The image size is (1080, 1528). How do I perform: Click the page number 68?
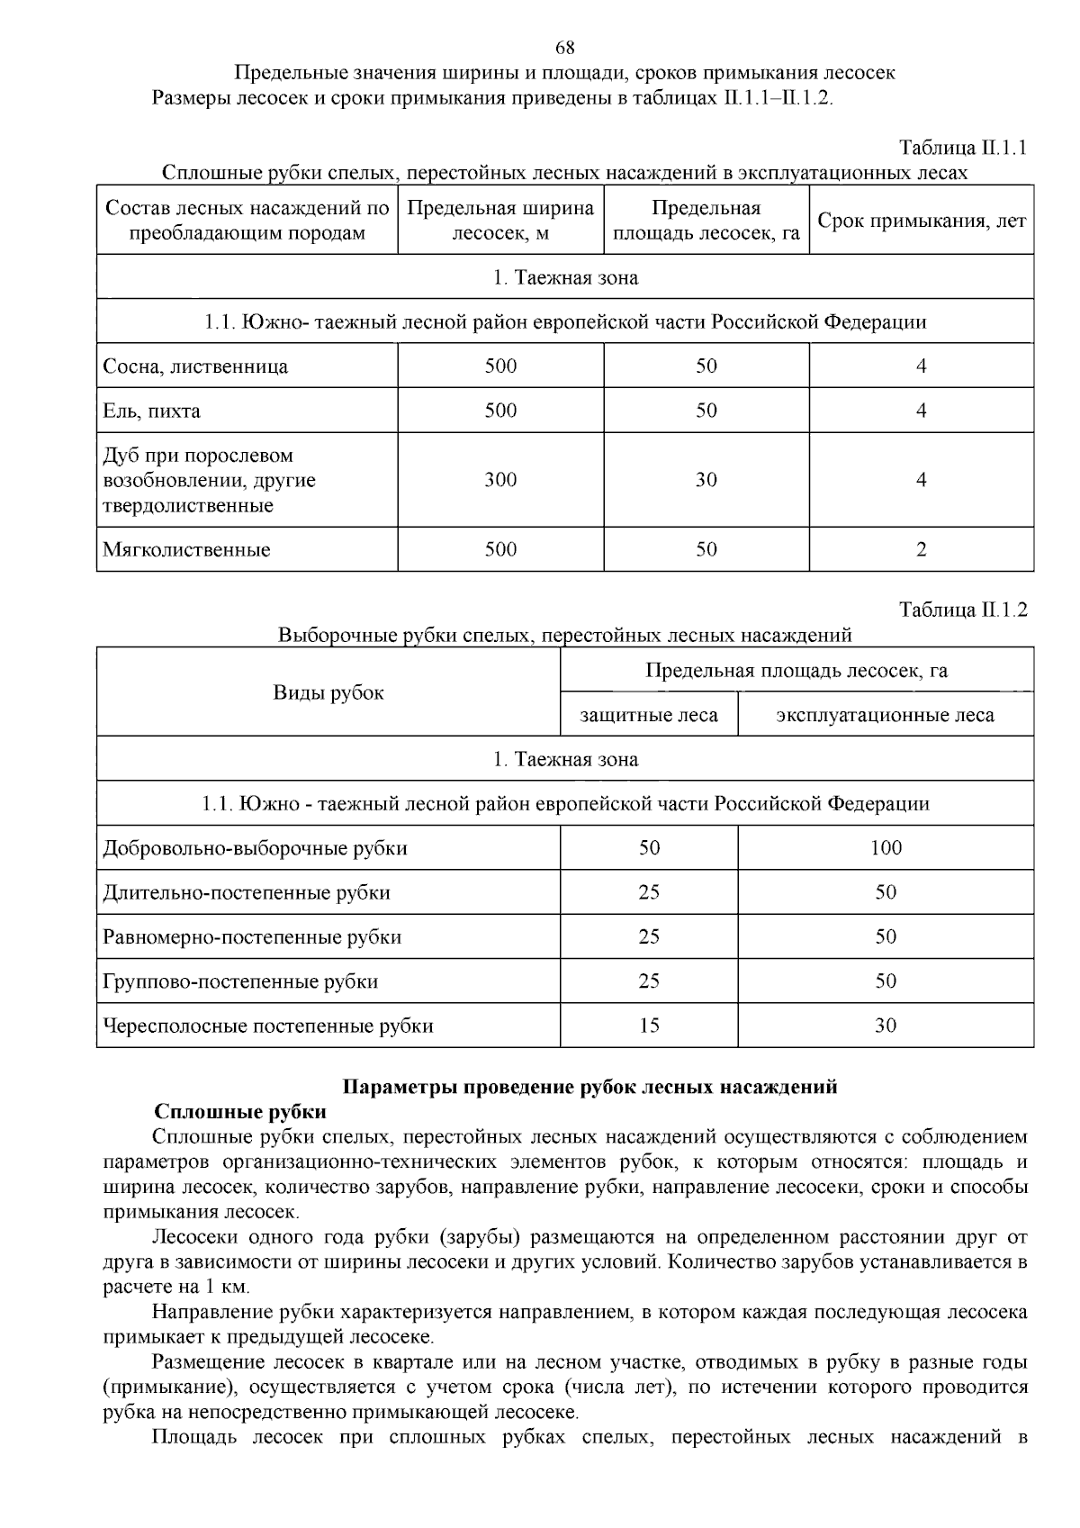click(565, 48)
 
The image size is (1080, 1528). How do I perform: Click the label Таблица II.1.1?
click(963, 148)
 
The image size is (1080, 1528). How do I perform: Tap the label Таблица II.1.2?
click(963, 610)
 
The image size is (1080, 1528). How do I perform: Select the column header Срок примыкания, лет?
click(921, 221)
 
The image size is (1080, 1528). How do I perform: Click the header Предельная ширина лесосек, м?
click(500, 221)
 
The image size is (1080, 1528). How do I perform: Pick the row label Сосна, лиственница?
click(195, 366)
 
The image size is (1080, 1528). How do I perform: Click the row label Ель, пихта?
click(152, 411)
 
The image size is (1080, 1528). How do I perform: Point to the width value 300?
click(500, 480)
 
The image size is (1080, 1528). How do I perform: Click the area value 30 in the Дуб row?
click(706, 480)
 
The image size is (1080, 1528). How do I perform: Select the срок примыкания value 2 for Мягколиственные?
click(921, 549)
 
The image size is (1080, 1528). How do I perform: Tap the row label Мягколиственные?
click(186, 549)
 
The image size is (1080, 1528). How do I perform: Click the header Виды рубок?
click(328, 692)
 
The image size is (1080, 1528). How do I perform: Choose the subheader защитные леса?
click(649, 715)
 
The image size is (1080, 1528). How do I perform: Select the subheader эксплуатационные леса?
click(885, 715)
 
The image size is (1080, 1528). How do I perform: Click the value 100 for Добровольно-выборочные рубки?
click(886, 847)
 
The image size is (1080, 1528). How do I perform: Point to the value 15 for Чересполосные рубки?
click(649, 1025)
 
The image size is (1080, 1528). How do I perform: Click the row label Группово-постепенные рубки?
click(240, 981)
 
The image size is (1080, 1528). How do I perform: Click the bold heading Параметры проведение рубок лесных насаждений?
click(591, 1087)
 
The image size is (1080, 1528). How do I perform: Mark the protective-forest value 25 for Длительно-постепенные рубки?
click(649, 891)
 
